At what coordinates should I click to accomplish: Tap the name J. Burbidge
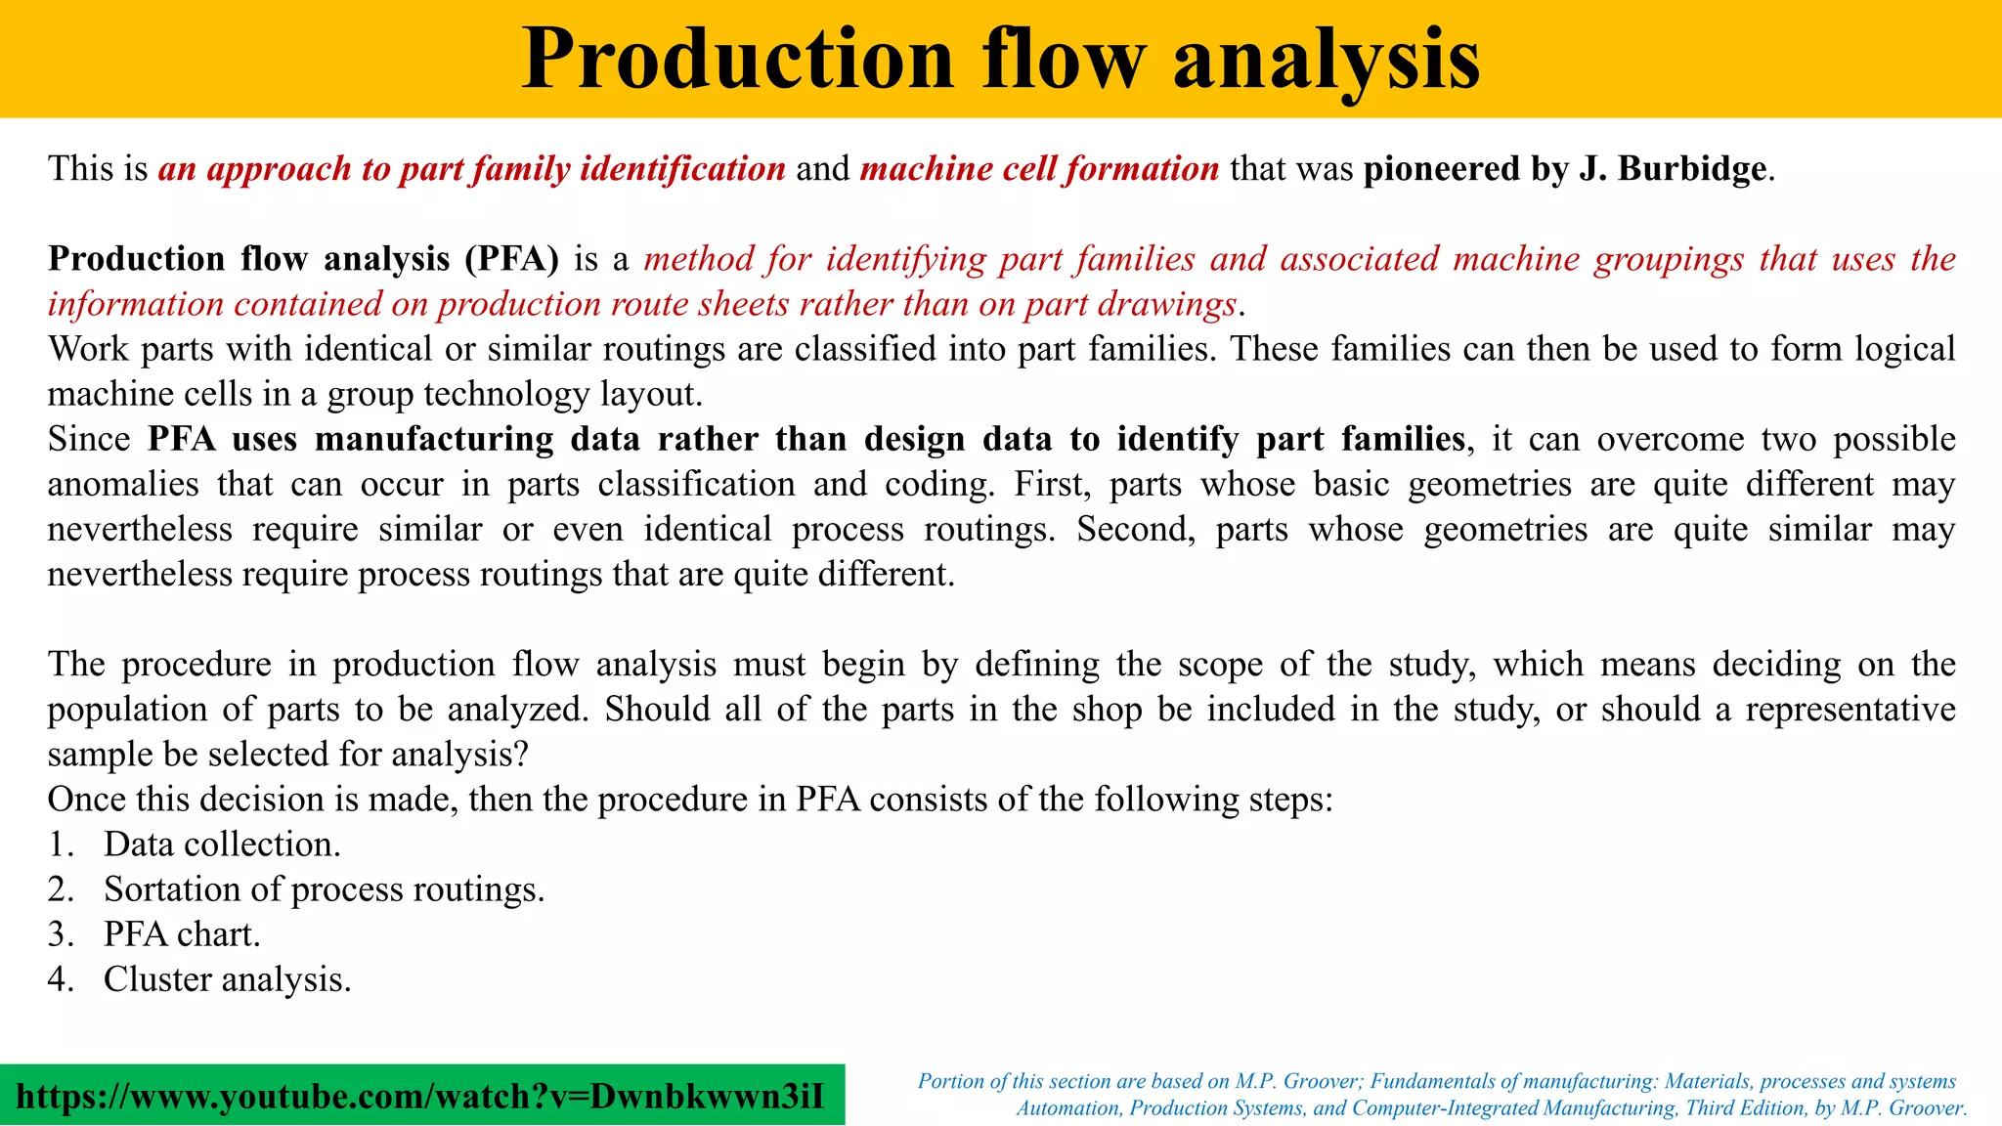1673,169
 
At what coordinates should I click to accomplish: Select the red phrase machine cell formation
1039,169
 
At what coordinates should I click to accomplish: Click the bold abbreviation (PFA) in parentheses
511,259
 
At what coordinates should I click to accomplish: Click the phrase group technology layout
514,394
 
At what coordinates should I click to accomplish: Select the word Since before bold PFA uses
89,439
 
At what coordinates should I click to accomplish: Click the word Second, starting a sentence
1134,529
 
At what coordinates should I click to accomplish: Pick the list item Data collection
222,844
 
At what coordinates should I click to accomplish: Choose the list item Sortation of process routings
324,889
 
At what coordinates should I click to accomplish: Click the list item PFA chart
182,934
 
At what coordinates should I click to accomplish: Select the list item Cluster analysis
227,979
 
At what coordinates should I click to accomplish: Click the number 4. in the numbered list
61,979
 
